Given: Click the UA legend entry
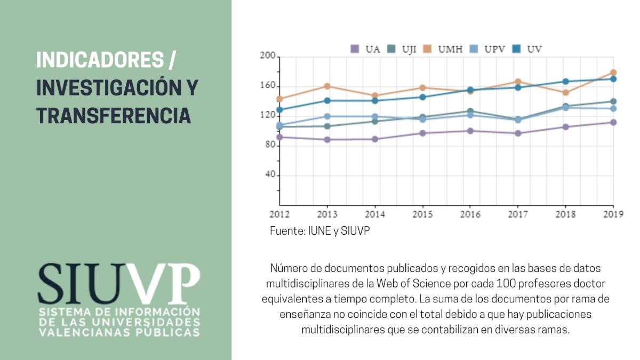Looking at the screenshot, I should point(366,49).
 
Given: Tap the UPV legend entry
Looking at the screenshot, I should point(486,49).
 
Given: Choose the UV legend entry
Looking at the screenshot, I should point(529,49).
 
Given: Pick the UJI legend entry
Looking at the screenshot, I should point(403,49).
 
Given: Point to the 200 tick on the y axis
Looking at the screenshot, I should point(268,56).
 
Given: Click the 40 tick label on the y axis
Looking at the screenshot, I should point(270,175).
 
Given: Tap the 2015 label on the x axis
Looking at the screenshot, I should point(422,214).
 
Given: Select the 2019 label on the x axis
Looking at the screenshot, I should point(613,214).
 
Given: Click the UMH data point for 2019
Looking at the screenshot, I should point(613,73).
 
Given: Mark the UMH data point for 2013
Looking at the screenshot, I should point(327,86).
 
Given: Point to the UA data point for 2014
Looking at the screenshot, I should point(375,139).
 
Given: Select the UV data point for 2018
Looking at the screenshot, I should point(566,82).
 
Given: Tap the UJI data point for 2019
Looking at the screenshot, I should point(613,101).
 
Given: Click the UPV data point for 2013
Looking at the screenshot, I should point(327,116).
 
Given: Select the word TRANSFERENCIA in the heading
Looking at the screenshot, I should point(113,115).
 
